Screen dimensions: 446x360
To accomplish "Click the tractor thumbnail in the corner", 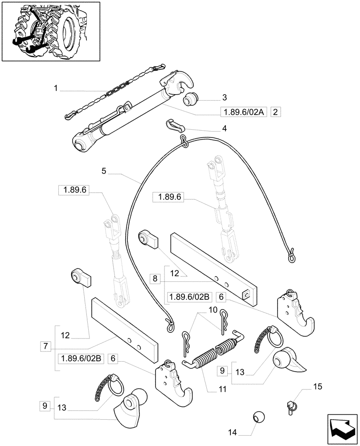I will [51, 32].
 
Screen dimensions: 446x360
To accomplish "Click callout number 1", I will [56, 89].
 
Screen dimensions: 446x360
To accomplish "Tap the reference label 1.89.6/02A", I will [243, 113].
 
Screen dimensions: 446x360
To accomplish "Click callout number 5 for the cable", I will [104, 171].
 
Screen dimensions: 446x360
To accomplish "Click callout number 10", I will [212, 310].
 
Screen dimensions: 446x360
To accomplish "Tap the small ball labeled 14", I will [258, 417].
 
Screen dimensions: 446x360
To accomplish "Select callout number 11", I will [222, 389].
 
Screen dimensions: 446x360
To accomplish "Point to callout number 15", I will [317, 386].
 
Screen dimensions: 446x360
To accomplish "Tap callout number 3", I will [224, 97].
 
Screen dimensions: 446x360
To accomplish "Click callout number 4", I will [224, 128].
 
